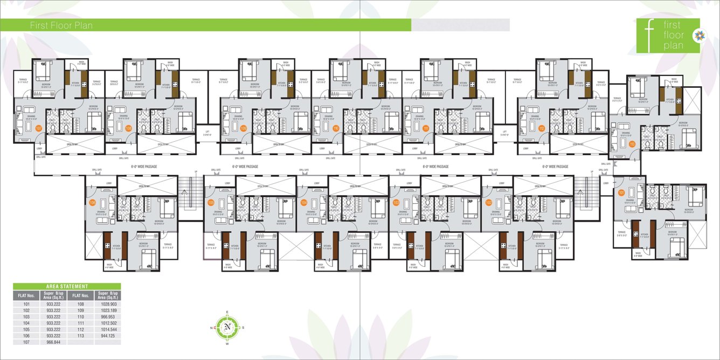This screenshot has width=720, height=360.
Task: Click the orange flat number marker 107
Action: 38,128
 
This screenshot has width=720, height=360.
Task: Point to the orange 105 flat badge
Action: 211,203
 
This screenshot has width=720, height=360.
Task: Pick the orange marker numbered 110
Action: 335,128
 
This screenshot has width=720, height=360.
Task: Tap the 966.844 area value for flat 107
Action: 53,342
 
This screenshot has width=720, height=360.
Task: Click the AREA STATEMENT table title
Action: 67,286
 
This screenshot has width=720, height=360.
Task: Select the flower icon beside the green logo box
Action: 697,36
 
